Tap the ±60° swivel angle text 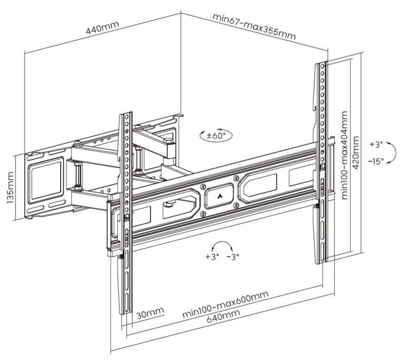[x=216, y=136]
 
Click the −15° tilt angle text [x=376, y=161]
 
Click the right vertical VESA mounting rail [x=320, y=159]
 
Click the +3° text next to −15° [x=376, y=145]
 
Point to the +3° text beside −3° [x=212, y=256]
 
